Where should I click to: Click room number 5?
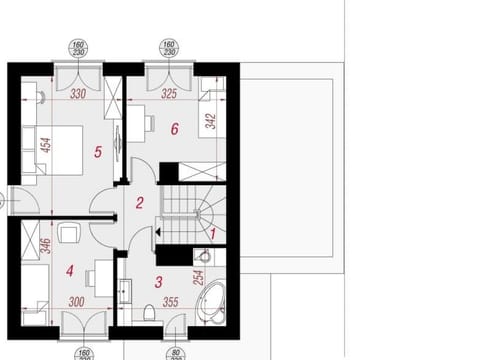tap(98, 152)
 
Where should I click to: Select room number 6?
tap(174, 129)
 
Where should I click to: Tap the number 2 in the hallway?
tap(140, 203)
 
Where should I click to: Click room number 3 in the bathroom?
tap(158, 283)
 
